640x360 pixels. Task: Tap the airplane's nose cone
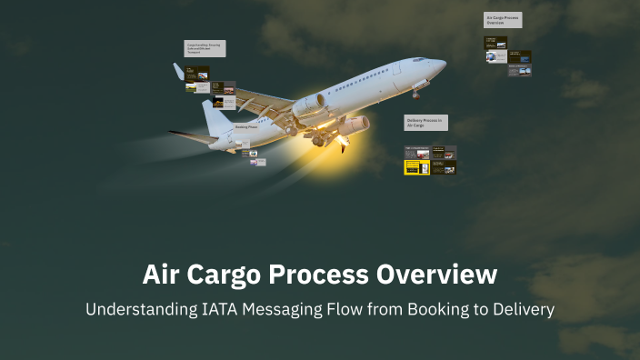click(441, 66)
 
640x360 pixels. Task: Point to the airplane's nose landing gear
click(415, 93)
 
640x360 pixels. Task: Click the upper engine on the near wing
click(310, 105)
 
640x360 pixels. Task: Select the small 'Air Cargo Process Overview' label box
click(503, 20)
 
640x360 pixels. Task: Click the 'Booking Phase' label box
click(247, 127)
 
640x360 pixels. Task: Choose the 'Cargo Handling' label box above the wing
click(205, 47)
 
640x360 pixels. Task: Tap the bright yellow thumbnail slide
click(417, 167)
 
